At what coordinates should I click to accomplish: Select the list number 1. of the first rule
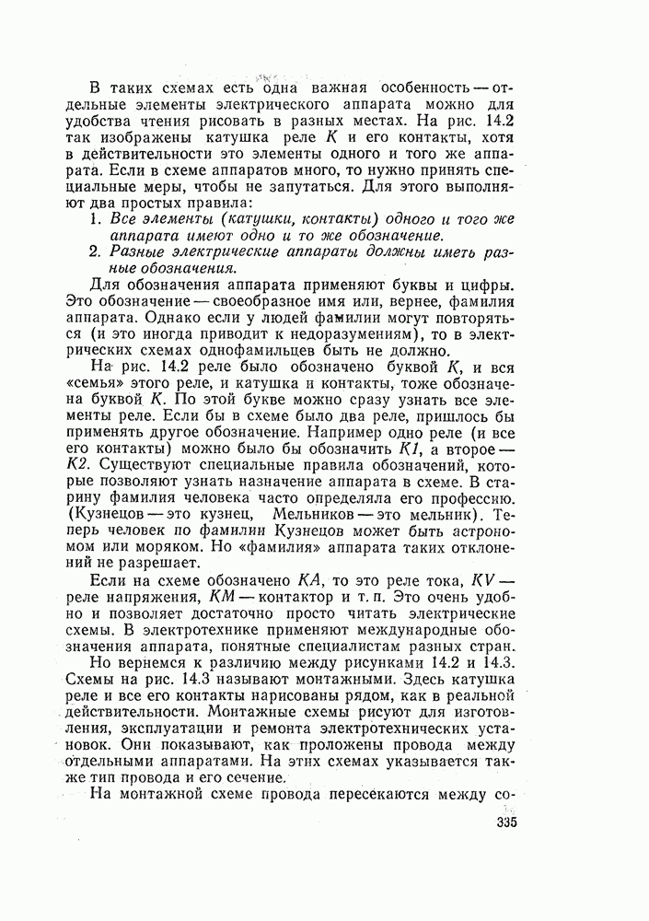[96, 218]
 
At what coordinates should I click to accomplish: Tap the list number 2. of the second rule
[96, 251]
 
